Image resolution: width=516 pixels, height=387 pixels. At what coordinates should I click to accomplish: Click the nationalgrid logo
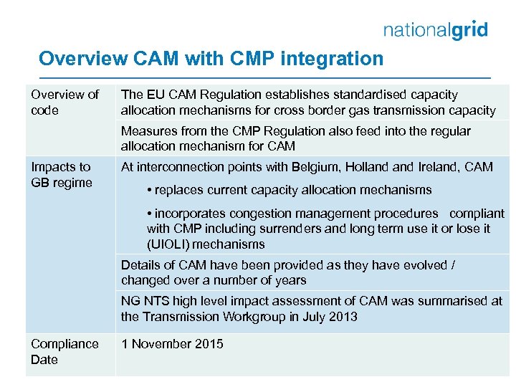[x=435, y=30]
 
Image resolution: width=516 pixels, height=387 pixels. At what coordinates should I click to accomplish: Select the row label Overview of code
[x=64, y=102]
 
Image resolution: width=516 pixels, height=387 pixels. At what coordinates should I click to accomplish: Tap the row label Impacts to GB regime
[x=62, y=175]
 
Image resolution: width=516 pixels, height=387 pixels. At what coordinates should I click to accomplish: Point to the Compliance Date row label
[x=64, y=351]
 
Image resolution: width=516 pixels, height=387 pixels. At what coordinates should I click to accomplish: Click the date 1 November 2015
[x=172, y=344]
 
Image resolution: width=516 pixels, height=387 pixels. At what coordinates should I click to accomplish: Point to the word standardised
[x=343, y=95]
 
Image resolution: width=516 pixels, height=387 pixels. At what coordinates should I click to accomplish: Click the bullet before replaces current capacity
[x=148, y=191]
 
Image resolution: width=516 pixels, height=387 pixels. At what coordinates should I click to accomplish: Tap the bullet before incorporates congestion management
[x=148, y=214]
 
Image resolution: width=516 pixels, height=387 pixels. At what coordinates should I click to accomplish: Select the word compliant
[x=477, y=214]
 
